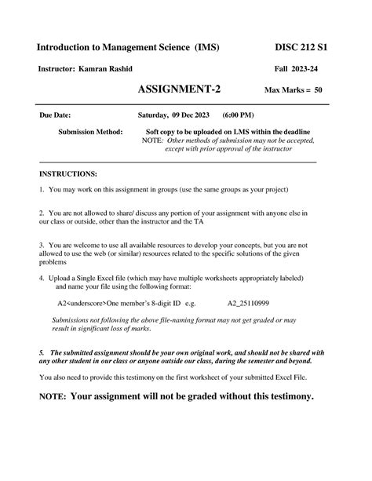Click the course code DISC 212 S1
pyautogui.click(x=301, y=47)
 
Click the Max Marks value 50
pyautogui.click(x=318, y=90)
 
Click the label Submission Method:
pyautogui.click(x=90, y=131)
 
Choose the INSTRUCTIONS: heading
pyautogui.click(x=68, y=173)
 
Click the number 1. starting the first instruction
pyautogui.click(x=42, y=190)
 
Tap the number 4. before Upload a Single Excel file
pyautogui.click(x=42, y=278)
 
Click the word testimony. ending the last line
pyautogui.click(x=287, y=396)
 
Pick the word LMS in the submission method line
pyautogui.click(x=255, y=131)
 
